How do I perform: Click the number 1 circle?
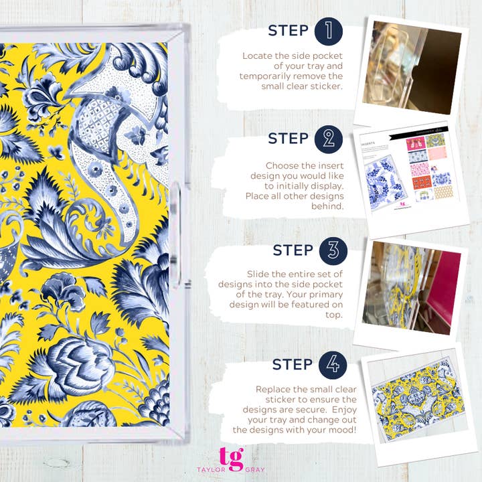pos(329,31)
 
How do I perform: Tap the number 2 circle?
pos(329,139)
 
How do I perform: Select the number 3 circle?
pos(333,250)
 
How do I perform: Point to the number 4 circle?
pos(333,364)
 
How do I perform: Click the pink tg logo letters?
pos(231,458)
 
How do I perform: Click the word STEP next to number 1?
pos(289,31)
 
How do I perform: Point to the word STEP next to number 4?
pos(293,364)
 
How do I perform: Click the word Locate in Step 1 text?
pos(258,56)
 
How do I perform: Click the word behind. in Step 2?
pos(329,206)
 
